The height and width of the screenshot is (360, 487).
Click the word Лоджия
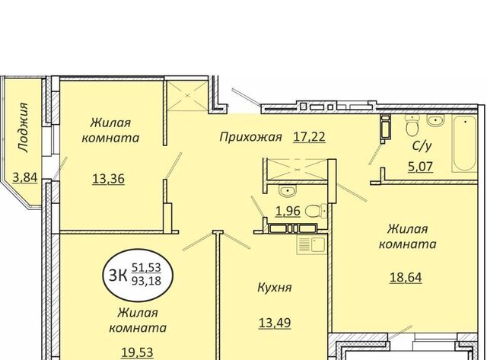[24, 128]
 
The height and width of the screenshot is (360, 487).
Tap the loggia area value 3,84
[25, 178]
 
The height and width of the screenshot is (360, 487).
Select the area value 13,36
[108, 179]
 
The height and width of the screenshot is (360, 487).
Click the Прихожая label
[250, 137]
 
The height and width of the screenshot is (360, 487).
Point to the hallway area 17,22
[310, 137]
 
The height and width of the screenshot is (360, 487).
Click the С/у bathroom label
[422, 146]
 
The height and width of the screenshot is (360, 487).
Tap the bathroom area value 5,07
[420, 167]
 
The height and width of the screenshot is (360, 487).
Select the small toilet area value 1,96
[288, 212]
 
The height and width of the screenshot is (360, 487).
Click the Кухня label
[275, 288]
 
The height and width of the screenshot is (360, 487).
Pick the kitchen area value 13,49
[275, 323]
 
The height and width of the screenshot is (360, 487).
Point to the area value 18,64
[406, 277]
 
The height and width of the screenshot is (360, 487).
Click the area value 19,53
[137, 352]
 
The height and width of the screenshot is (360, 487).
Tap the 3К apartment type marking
[118, 276]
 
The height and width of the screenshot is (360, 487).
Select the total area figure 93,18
[146, 281]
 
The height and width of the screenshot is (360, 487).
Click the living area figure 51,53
[146, 267]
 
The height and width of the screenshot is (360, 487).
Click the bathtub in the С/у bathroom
[464, 144]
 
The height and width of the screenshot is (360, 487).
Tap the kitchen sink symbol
[311, 244]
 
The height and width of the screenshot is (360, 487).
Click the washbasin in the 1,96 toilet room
[288, 191]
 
